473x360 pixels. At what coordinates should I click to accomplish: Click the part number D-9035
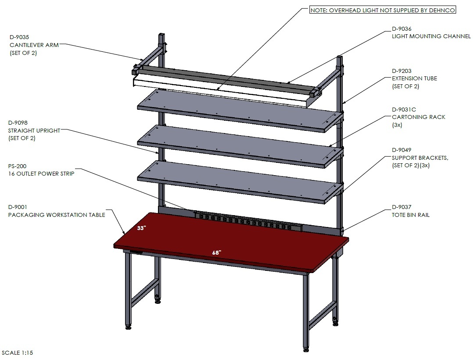pos(19,37)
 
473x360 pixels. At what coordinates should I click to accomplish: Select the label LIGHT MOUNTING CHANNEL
pos(431,36)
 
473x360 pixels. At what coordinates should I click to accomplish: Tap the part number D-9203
pos(401,71)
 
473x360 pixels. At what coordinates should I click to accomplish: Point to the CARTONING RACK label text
pos(419,117)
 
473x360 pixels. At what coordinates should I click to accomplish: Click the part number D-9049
pos(401,150)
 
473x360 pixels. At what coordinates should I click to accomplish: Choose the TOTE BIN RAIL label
pos(411,215)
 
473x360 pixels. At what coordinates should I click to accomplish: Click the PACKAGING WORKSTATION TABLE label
pos(57,215)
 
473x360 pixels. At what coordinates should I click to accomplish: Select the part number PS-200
pos(17,166)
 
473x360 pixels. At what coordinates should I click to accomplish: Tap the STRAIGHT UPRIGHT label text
pos(34,131)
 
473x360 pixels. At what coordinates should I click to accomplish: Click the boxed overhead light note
pos(383,10)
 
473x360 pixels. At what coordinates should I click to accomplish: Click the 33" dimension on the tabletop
pos(141,228)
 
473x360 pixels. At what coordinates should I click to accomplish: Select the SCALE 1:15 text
pos(17,353)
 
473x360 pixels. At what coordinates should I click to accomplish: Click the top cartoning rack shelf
pos(240,111)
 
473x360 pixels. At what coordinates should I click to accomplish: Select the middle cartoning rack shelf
pos(240,147)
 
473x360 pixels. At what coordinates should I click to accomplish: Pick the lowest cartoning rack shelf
pos(240,182)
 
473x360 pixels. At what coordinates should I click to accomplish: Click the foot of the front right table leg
pos(306,349)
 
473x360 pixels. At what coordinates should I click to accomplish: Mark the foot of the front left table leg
pos(129,327)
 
